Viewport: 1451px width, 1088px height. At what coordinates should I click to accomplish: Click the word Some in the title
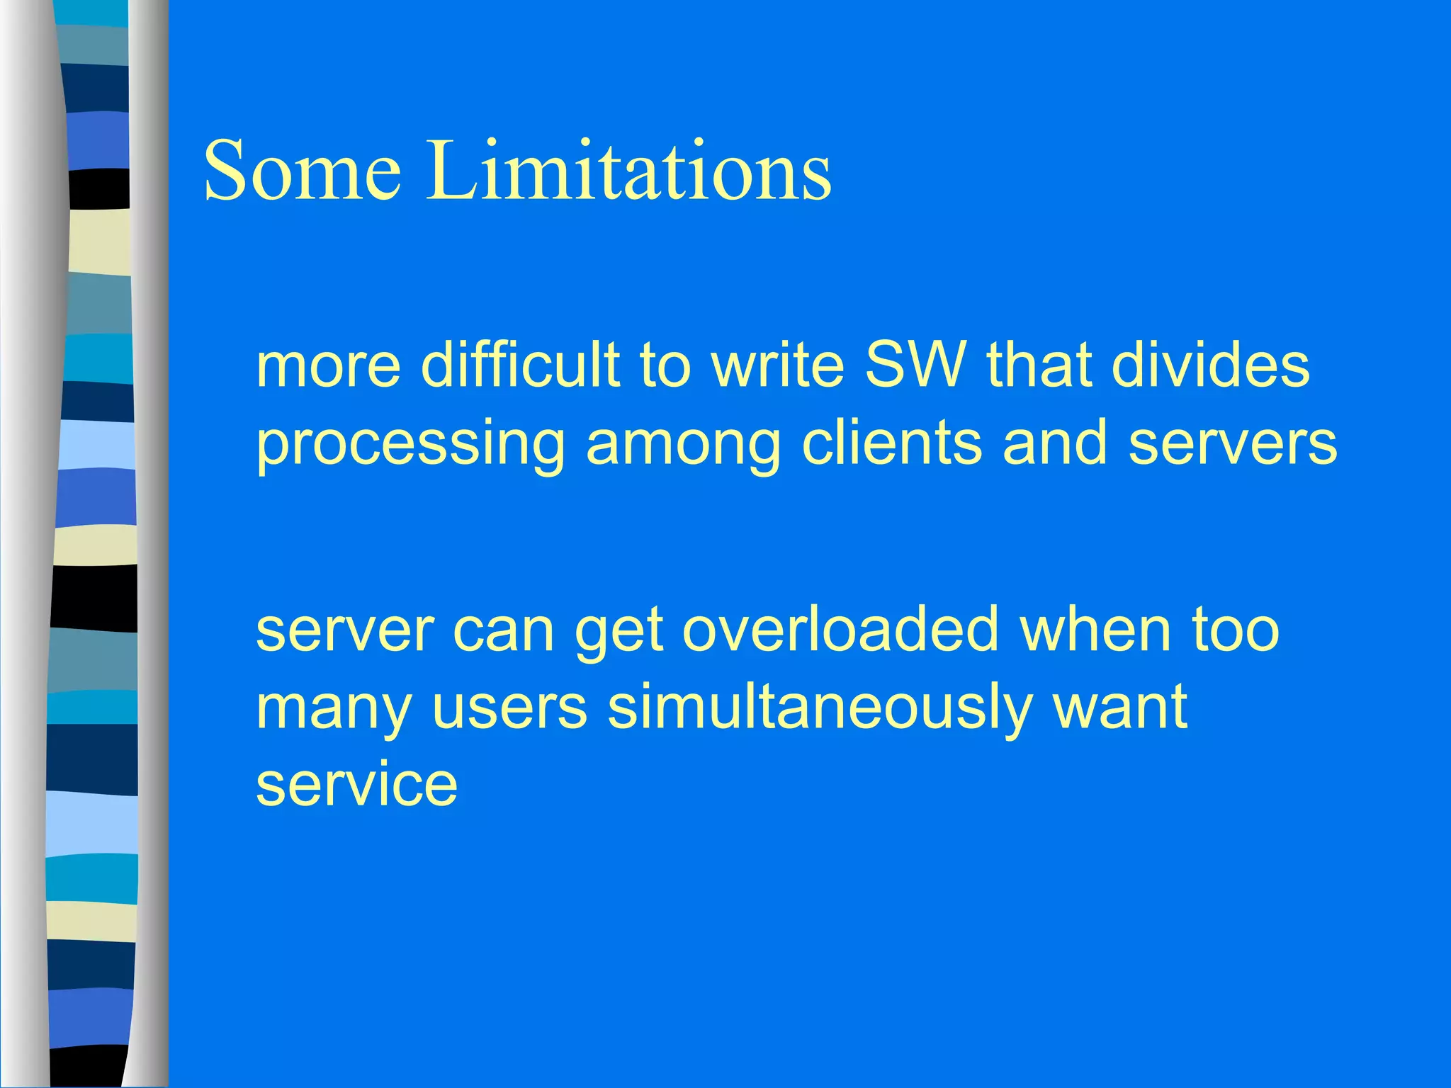[303, 171]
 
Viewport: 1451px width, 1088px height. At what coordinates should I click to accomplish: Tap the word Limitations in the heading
[628, 171]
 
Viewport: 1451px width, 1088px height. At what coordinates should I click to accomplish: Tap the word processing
[411, 443]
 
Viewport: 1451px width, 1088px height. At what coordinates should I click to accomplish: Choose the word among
[683, 443]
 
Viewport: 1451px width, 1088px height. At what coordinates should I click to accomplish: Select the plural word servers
[1233, 443]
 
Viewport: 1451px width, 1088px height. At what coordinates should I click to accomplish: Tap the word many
[334, 708]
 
